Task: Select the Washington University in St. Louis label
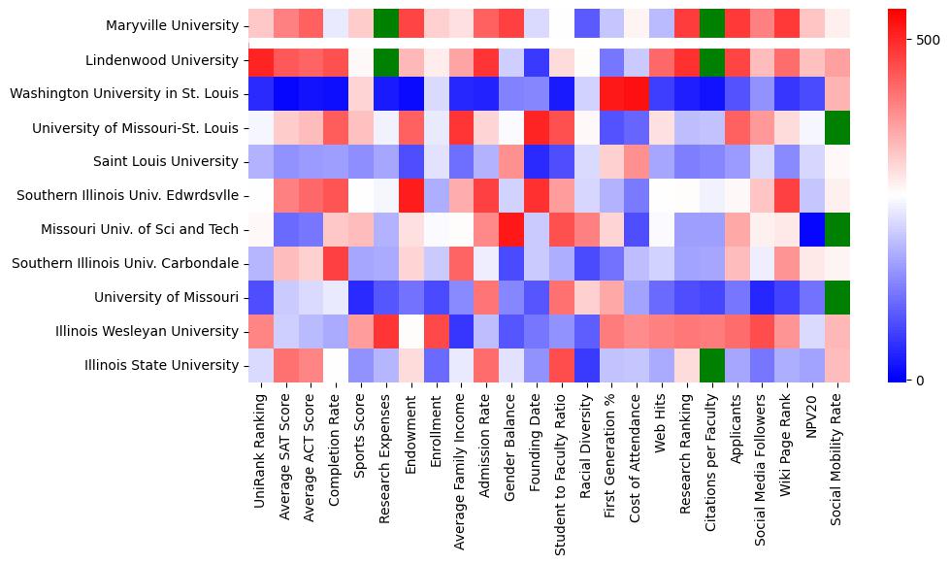(123, 94)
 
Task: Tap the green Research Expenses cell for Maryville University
(387, 26)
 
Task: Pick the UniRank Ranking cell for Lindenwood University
(261, 60)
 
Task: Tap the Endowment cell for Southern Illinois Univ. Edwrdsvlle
(412, 195)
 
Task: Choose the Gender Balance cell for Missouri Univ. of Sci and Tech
(513, 229)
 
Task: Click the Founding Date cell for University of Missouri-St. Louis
(539, 127)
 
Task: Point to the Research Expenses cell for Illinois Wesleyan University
(387, 331)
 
